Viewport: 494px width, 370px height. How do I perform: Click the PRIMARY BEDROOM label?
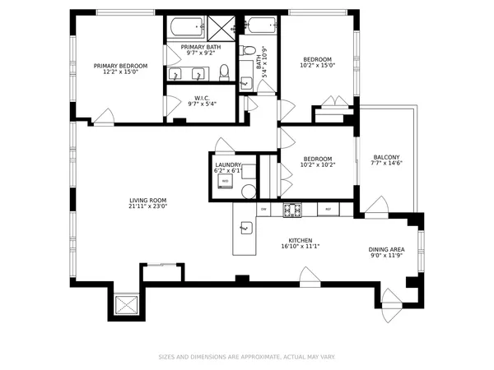coord(120,66)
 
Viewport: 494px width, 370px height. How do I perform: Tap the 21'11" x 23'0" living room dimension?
coord(148,206)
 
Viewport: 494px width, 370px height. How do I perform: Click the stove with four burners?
coord(291,210)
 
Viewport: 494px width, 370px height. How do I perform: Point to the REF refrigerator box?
coord(329,210)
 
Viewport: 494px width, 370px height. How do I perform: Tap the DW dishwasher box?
coord(263,210)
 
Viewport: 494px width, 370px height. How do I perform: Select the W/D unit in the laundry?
coord(225,181)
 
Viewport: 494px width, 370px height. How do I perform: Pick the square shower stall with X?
coord(220,27)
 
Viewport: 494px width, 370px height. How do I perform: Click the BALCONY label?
coord(386,158)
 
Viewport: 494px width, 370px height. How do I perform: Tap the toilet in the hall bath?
coord(247,85)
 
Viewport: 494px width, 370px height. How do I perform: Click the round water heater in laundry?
coord(248,191)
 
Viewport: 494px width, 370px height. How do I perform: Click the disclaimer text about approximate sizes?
coord(247,357)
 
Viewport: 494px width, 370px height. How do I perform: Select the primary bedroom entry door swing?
coord(104,117)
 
